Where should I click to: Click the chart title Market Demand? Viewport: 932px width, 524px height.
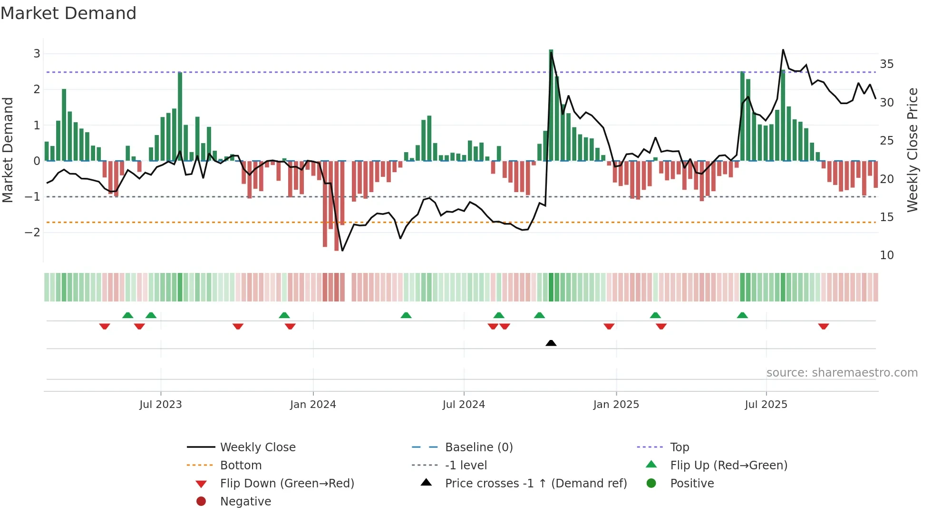(68, 13)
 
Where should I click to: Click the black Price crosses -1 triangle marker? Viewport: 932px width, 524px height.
(551, 343)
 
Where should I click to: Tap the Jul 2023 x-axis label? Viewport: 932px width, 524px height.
(161, 405)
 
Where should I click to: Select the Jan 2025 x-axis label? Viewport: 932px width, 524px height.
(616, 405)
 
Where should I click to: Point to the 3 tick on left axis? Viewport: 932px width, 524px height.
(37, 54)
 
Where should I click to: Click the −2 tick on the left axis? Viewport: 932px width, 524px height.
(32, 233)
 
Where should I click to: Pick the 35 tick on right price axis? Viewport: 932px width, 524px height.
(887, 64)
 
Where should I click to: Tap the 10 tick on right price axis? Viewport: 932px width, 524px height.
(887, 255)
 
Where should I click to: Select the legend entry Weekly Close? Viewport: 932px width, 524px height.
(257, 447)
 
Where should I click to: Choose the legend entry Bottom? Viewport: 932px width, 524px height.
(241, 466)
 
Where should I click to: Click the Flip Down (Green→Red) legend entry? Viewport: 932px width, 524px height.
(287, 484)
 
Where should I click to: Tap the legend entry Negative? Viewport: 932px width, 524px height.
(245, 502)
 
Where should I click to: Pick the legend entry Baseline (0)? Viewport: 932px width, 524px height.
(479, 447)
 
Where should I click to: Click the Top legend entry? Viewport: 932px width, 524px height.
(680, 447)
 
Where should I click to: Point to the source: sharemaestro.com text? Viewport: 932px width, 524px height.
(842, 373)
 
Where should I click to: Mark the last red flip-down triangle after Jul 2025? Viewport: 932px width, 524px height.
(824, 326)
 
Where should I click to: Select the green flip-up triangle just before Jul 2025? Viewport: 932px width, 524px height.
(742, 315)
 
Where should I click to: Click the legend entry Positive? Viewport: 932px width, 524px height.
(692, 484)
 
